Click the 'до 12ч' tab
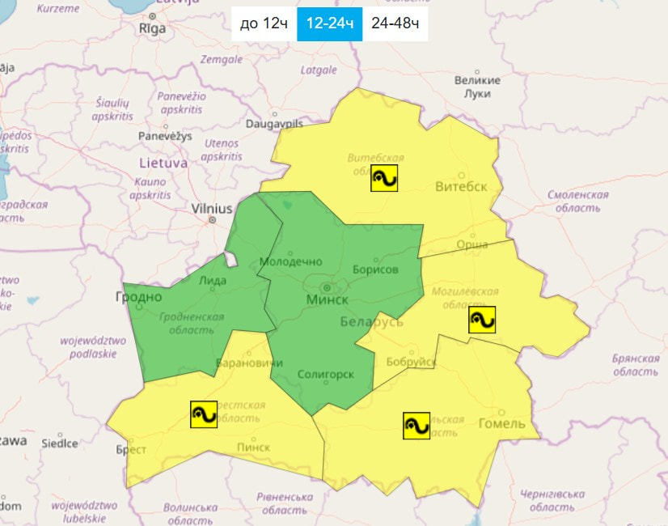[x=264, y=23]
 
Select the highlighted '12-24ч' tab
[x=329, y=23]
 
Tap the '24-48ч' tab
[x=395, y=23]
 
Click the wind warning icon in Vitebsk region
[x=384, y=178]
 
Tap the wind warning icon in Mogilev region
[x=482, y=320]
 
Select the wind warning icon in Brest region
[x=203, y=414]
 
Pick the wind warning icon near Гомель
[x=416, y=425]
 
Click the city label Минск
[x=328, y=299]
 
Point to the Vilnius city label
[x=212, y=209]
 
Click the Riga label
[x=152, y=28]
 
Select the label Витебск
[x=461, y=187]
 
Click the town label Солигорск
[x=325, y=375]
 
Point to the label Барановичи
[x=243, y=363]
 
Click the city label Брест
[x=131, y=450]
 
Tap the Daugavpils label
[x=274, y=125]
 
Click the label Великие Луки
[x=477, y=87]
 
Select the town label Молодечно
[x=290, y=261]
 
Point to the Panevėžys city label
[x=165, y=136]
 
